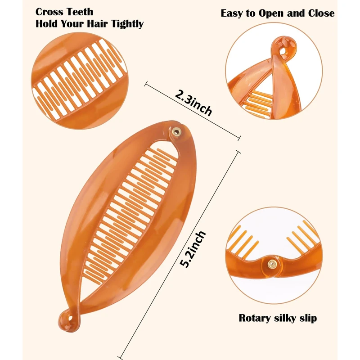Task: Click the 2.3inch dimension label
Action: [x=193, y=103]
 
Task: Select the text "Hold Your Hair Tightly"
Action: [x=90, y=24]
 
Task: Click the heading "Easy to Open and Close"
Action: [x=278, y=13]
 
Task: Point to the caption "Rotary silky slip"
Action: [x=278, y=318]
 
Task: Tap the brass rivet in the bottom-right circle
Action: [x=272, y=264]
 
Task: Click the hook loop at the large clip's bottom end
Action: [x=67, y=320]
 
